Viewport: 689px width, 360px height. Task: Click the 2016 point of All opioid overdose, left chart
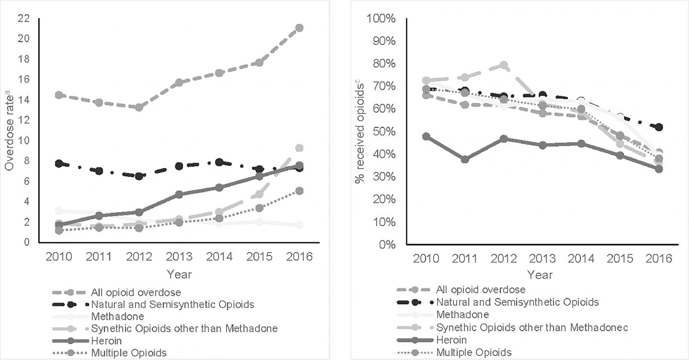[x=299, y=28]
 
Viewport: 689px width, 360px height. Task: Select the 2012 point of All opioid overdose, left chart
[x=139, y=107]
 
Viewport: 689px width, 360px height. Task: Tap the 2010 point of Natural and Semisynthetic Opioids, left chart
[x=59, y=164]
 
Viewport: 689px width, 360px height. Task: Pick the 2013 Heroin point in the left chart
[x=179, y=194]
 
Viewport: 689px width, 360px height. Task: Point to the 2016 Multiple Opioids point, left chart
[x=299, y=191]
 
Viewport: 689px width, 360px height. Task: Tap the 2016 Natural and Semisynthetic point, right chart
[x=659, y=127]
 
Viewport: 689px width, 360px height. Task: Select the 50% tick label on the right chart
[x=384, y=132]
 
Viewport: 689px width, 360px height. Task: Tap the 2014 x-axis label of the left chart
[x=219, y=257]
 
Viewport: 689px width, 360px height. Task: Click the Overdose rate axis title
[x=10, y=139]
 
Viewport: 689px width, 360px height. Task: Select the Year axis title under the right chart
[x=540, y=275]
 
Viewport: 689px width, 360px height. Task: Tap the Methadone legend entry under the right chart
[x=462, y=315]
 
